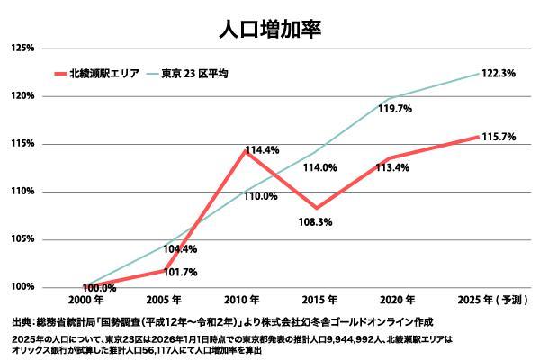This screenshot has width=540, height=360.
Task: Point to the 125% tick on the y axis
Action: [22, 48]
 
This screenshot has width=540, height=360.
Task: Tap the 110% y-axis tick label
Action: [22, 192]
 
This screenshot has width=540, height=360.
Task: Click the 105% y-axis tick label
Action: [22, 239]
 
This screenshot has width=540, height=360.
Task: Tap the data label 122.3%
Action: [498, 73]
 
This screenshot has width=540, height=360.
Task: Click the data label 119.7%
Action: [393, 109]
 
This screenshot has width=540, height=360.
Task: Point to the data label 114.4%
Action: [262, 150]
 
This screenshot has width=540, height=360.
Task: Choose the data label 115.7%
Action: [498, 137]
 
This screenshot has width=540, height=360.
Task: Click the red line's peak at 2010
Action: [243, 150]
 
